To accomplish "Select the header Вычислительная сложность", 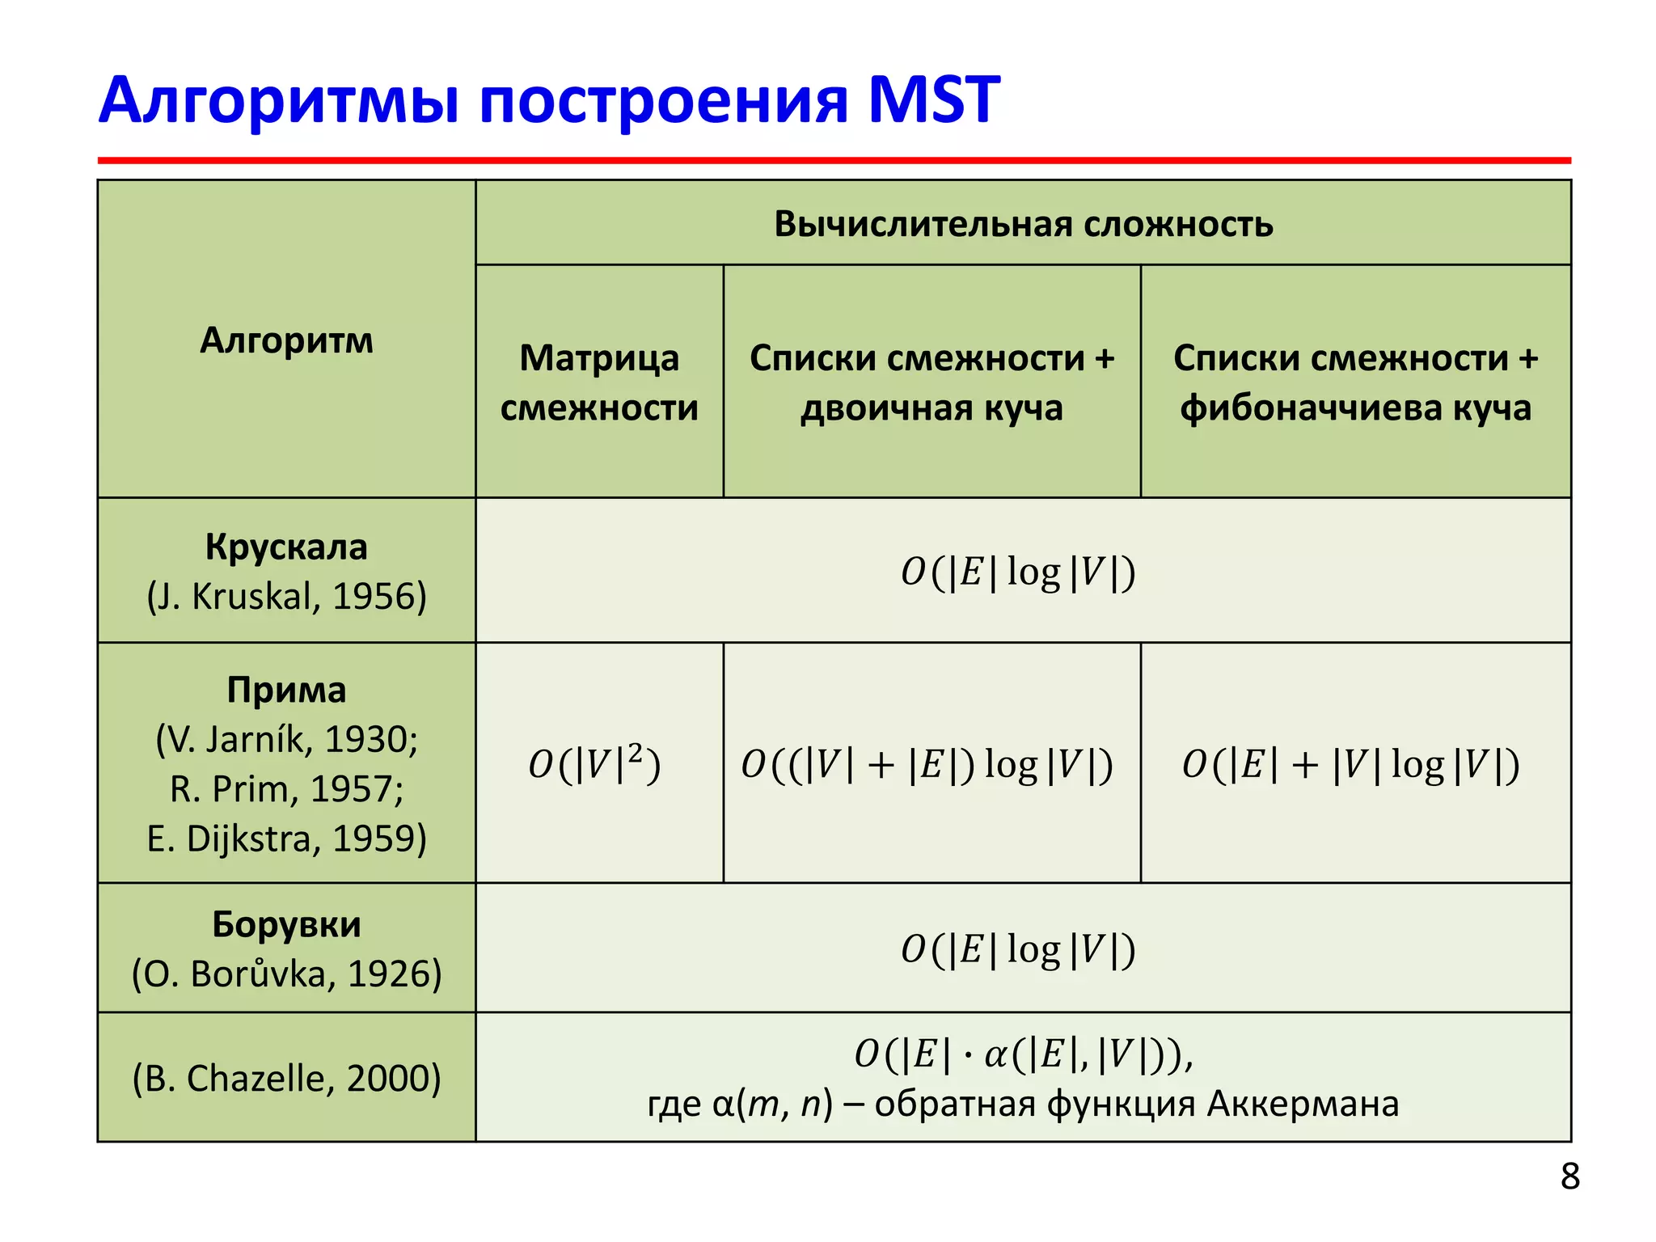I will [x=1023, y=224].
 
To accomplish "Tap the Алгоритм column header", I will [x=286, y=340].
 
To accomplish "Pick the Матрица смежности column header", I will [x=599, y=382].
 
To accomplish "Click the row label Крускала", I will [x=286, y=547].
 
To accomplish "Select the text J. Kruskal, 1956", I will [x=286, y=597].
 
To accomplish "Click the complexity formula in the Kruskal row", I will [x=1018, y=572].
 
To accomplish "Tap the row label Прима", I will [x=286, y=690].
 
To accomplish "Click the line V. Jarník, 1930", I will [x=286, y=739].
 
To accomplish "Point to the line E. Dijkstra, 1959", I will [x=286, y=839].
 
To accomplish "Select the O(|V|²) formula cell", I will [x=594, y=764].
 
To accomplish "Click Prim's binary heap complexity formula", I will [x=927, y=764].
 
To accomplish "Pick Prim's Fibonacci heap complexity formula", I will [x=1350, y=764].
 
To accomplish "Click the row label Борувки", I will [x=286, y=923].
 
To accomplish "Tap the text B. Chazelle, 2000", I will [x=286, y=1078].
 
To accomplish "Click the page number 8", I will [x=1569, y=1177].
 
